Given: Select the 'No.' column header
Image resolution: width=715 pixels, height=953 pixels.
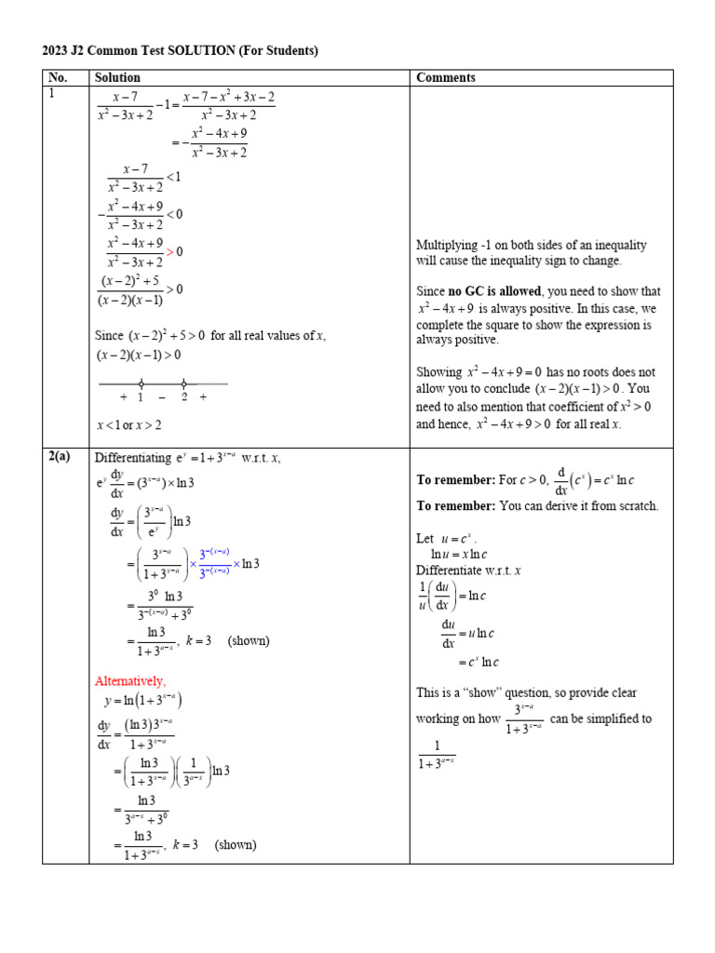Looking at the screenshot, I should pos(57,78).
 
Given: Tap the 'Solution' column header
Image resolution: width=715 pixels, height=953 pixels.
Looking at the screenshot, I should pos(117,78).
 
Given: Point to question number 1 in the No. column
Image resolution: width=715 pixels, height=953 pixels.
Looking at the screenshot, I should pos(51,94).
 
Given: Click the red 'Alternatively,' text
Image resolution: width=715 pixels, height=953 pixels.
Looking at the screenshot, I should pos(130,681).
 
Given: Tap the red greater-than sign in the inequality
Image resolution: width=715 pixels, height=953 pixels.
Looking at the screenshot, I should pos(170,252).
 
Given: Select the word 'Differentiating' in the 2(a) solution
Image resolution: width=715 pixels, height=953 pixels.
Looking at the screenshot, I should pos(128,458).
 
